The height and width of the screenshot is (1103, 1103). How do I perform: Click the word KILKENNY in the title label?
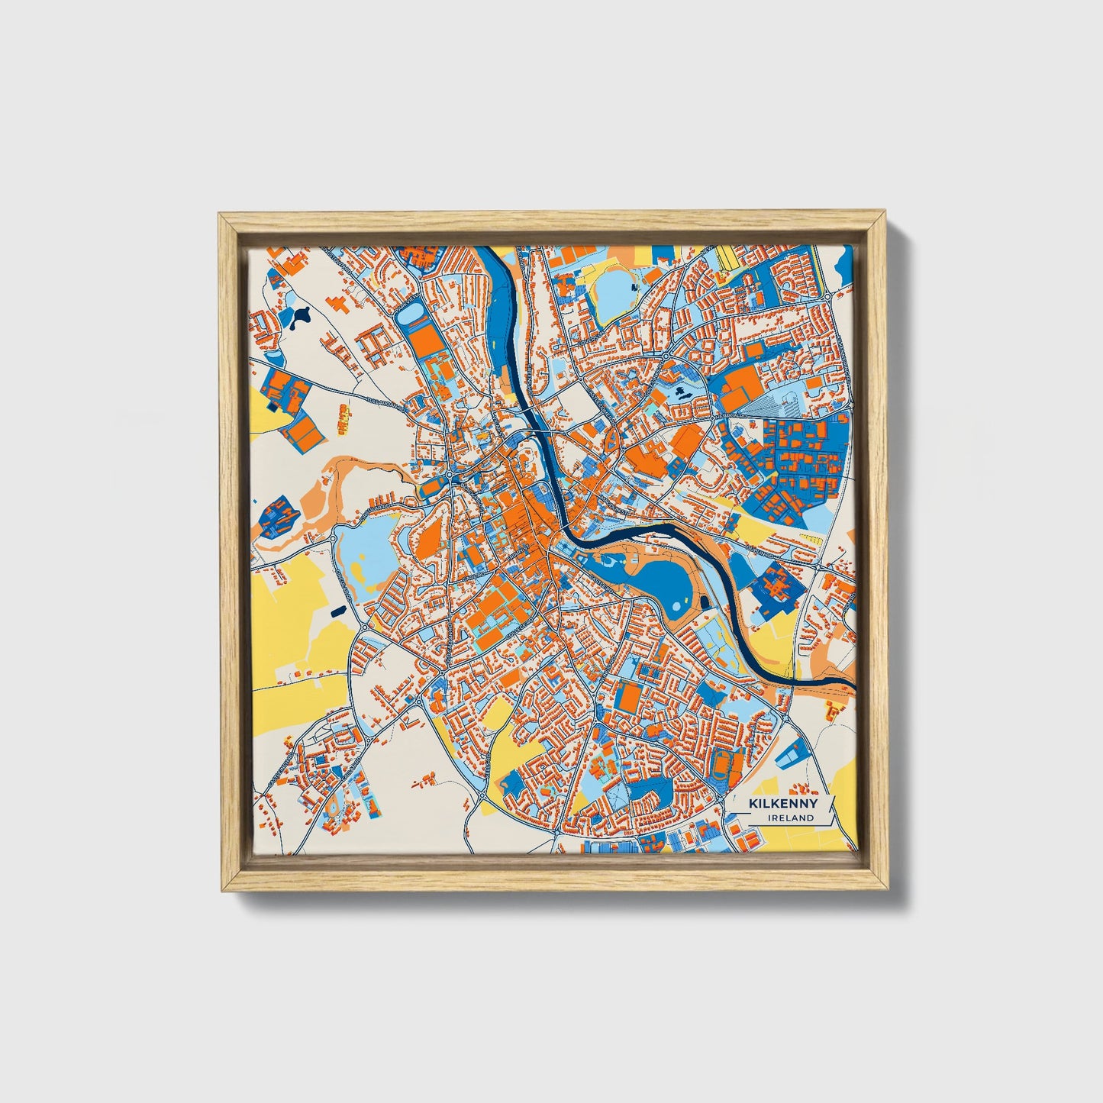[783, 804]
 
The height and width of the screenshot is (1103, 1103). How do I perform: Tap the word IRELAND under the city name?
[792, 818]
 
